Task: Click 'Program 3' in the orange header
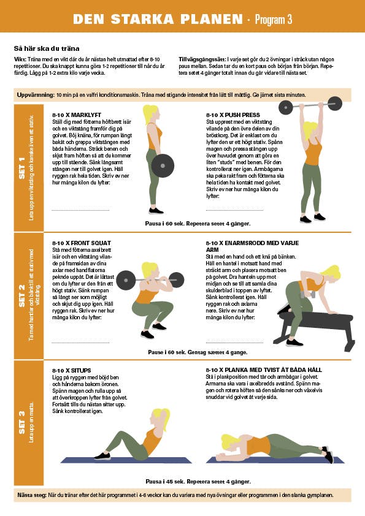click(x=274, y=20)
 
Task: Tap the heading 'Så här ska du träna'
click(x=47, y=48)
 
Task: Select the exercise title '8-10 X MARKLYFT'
click(x=77, y=115)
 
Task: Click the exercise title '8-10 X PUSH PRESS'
click(x=233, y=115)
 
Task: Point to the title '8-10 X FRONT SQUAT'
click(x=82, y=243)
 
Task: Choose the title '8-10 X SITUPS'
click(x=72, y=370)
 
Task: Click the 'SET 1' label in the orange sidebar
click(x=21, y=168)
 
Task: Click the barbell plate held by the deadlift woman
click(x=163, y=166)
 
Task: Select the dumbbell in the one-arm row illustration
click(x=308, y=294)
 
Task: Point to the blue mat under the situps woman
click(x=126, y=460)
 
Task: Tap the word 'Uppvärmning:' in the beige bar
click(x=36, y=95)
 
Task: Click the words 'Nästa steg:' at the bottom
click(x=32, y=495)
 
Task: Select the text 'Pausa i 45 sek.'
click(x=165, y=482)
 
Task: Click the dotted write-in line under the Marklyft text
click(x=81, y=210)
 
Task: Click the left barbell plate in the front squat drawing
click(x=126, y=281)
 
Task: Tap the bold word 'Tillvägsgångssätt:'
click(x=202, y=59)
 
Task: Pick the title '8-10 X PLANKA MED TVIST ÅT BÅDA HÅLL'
click(x=264, y=370)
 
